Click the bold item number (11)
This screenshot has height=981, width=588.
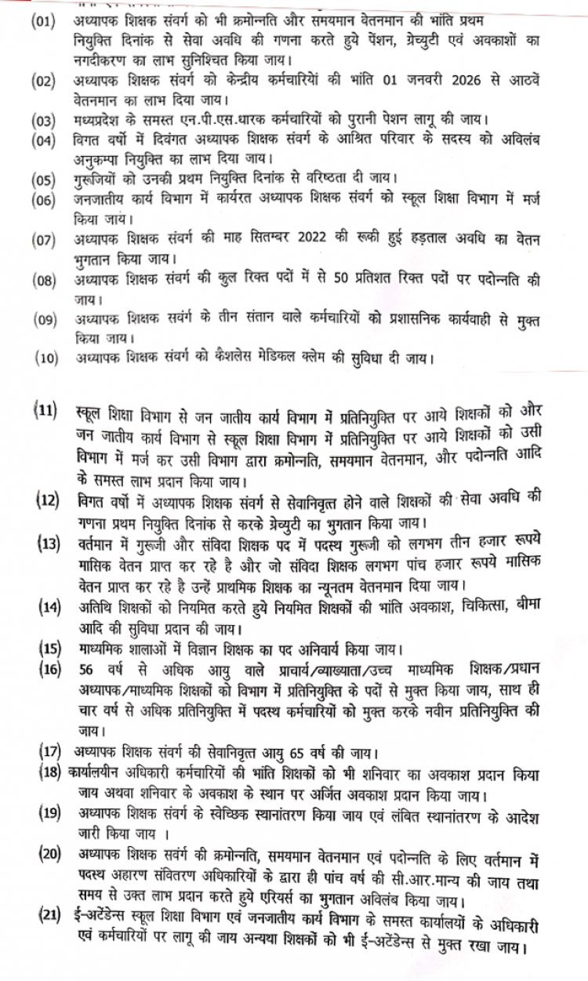point(45,412)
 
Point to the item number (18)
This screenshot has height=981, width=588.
point(52,772)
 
